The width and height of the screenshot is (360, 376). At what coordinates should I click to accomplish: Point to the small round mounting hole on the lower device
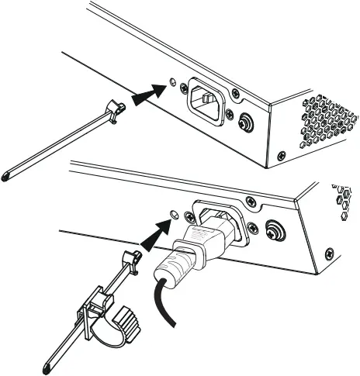(x=174, y=212)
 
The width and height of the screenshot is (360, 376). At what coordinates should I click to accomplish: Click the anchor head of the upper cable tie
(x=116, y=110)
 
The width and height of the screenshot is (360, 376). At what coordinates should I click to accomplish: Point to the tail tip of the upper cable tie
(x=8, y=177)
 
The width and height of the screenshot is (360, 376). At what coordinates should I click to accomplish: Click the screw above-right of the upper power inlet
(x=236, y=94)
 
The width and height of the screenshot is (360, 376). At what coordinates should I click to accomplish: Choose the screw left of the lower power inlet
(x=189, y=218)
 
